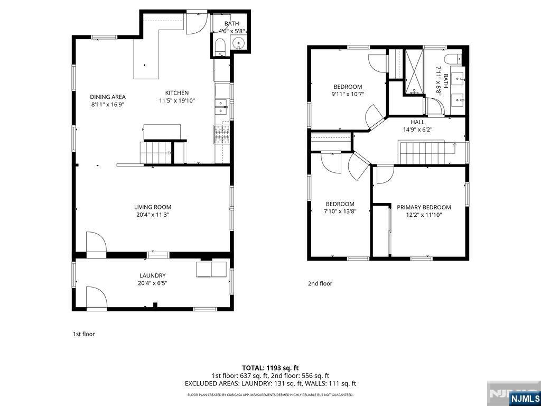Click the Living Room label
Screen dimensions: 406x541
153,207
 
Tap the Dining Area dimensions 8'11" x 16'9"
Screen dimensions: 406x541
107,104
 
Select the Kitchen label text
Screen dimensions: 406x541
176,93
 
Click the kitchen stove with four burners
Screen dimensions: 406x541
222,134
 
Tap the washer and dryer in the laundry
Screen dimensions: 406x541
211,269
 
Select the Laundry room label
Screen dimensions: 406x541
153,275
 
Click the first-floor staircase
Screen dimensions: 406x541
156,153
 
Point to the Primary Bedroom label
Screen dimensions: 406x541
424,207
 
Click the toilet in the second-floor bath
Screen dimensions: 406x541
453,58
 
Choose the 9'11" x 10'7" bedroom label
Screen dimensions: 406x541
347,87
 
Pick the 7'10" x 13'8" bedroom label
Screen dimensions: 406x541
340,204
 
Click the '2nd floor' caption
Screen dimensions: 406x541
320,283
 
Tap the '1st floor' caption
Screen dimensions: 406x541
83,334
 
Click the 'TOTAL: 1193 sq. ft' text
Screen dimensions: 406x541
270,367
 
